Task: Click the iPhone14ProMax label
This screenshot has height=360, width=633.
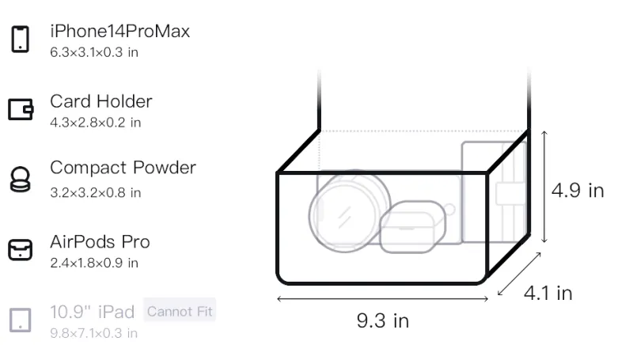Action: coord(120,31)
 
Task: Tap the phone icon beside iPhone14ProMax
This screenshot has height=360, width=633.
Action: coord(21,39)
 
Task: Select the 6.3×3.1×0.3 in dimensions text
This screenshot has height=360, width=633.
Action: coord(94,52)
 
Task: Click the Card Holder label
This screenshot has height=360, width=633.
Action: coord(101,101)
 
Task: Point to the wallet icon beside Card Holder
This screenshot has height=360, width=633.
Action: coord(21,109)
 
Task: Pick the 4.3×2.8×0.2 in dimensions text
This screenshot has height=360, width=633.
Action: coord(95,123)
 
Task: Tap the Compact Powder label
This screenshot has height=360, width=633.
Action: coord(123,168)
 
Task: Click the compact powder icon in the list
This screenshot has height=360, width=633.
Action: coord(20,179)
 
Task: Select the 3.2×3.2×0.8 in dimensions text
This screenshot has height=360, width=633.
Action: coord(95,193)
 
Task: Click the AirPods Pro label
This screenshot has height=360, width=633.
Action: coord(100,242)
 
